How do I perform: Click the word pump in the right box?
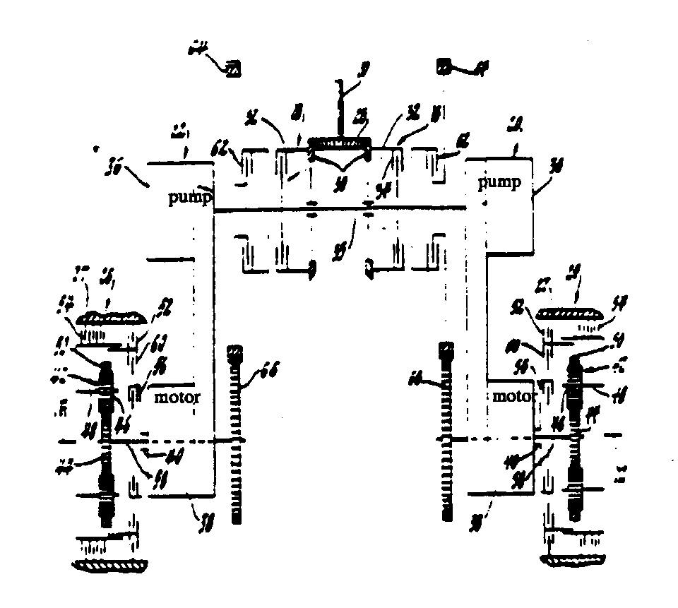499,183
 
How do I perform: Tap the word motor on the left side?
177,398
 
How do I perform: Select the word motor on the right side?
511,396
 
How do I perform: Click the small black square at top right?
444,68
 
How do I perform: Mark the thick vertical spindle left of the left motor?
105,445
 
